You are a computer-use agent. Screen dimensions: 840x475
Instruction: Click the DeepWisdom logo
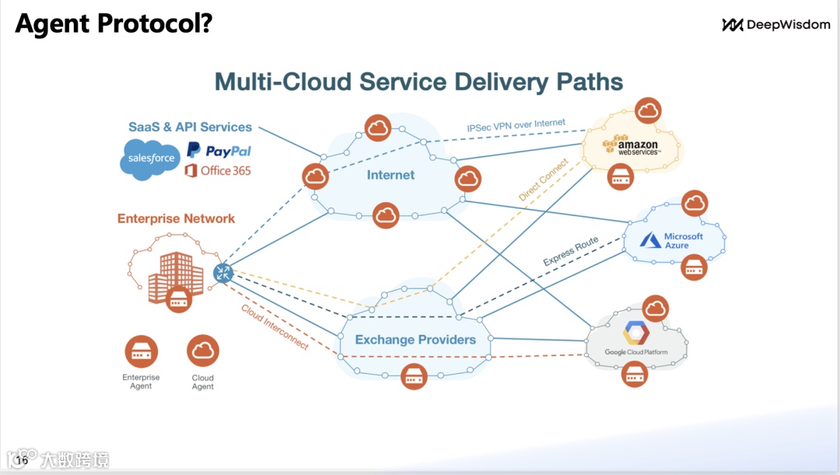click(x=776, y=25)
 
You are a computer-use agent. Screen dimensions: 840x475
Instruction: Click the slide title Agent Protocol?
click(x=114, y=24)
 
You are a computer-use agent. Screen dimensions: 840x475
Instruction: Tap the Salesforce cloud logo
click(x=150, y=159)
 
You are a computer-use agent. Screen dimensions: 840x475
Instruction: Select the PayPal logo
click(x=219, y=151)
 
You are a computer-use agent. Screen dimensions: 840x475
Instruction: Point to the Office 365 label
click(x=218, y=171)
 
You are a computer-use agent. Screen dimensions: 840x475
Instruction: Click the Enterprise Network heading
click(x=177, y=218)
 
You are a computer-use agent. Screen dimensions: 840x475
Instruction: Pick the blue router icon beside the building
click(x=222, y=273)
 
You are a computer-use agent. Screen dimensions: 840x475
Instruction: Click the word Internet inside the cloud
click(x=390, y=175)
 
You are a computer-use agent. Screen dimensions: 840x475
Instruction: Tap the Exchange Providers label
click(x=415, y=340)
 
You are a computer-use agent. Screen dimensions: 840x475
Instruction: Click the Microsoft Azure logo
click(x=671, y=240)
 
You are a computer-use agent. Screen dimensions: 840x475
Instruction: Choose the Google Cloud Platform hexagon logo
click(x=636, y=333)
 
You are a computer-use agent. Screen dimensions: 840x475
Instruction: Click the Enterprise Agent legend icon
click(x=142, y=351)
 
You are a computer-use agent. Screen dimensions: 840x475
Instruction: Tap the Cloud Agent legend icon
click(x=203, y=351)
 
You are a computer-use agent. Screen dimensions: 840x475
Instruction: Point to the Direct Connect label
click(x=543, y=180)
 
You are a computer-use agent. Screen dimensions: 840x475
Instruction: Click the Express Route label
click(x=571, y=251)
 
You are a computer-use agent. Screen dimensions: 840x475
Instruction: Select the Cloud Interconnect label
click(x=275, y=327)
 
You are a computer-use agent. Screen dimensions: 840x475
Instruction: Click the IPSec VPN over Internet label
click(x=516, y=125)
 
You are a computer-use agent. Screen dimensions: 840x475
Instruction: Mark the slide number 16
click(x=22, y=460)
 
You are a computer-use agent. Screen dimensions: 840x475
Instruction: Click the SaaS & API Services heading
click(x=191, y=127)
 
